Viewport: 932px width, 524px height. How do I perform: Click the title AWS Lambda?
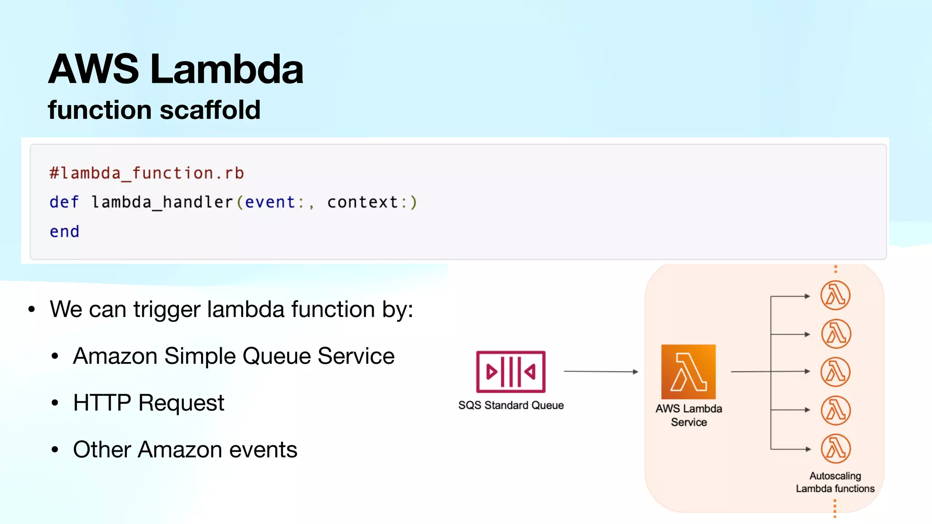[176, 69]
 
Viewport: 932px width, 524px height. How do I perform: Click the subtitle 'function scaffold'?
[154, 110]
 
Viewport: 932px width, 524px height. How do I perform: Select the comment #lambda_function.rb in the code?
[147, 173]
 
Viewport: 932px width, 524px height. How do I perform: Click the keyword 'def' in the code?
[64, 202]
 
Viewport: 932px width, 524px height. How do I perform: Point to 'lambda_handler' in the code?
[162, 202]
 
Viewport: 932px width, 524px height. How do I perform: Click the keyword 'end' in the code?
[64, 232]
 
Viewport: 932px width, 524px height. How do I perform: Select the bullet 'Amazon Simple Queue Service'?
[233, 356]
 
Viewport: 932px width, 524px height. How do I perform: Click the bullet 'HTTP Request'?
[148, 403]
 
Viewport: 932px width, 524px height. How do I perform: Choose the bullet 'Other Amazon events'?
[185, 449]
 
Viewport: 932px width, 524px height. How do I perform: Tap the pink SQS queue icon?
[511, 372]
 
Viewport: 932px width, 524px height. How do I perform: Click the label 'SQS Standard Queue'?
[511, 405]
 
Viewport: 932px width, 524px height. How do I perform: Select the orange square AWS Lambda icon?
[688, 372]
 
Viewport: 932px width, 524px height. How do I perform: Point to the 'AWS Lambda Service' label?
[689, 415]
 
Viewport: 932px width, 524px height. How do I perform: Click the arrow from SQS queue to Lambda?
[601, 372]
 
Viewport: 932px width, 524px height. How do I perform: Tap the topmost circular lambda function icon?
[836, 295]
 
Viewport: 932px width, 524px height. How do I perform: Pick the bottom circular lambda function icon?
[836, 448]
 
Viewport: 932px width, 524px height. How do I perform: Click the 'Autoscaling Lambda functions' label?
[835, 482]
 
